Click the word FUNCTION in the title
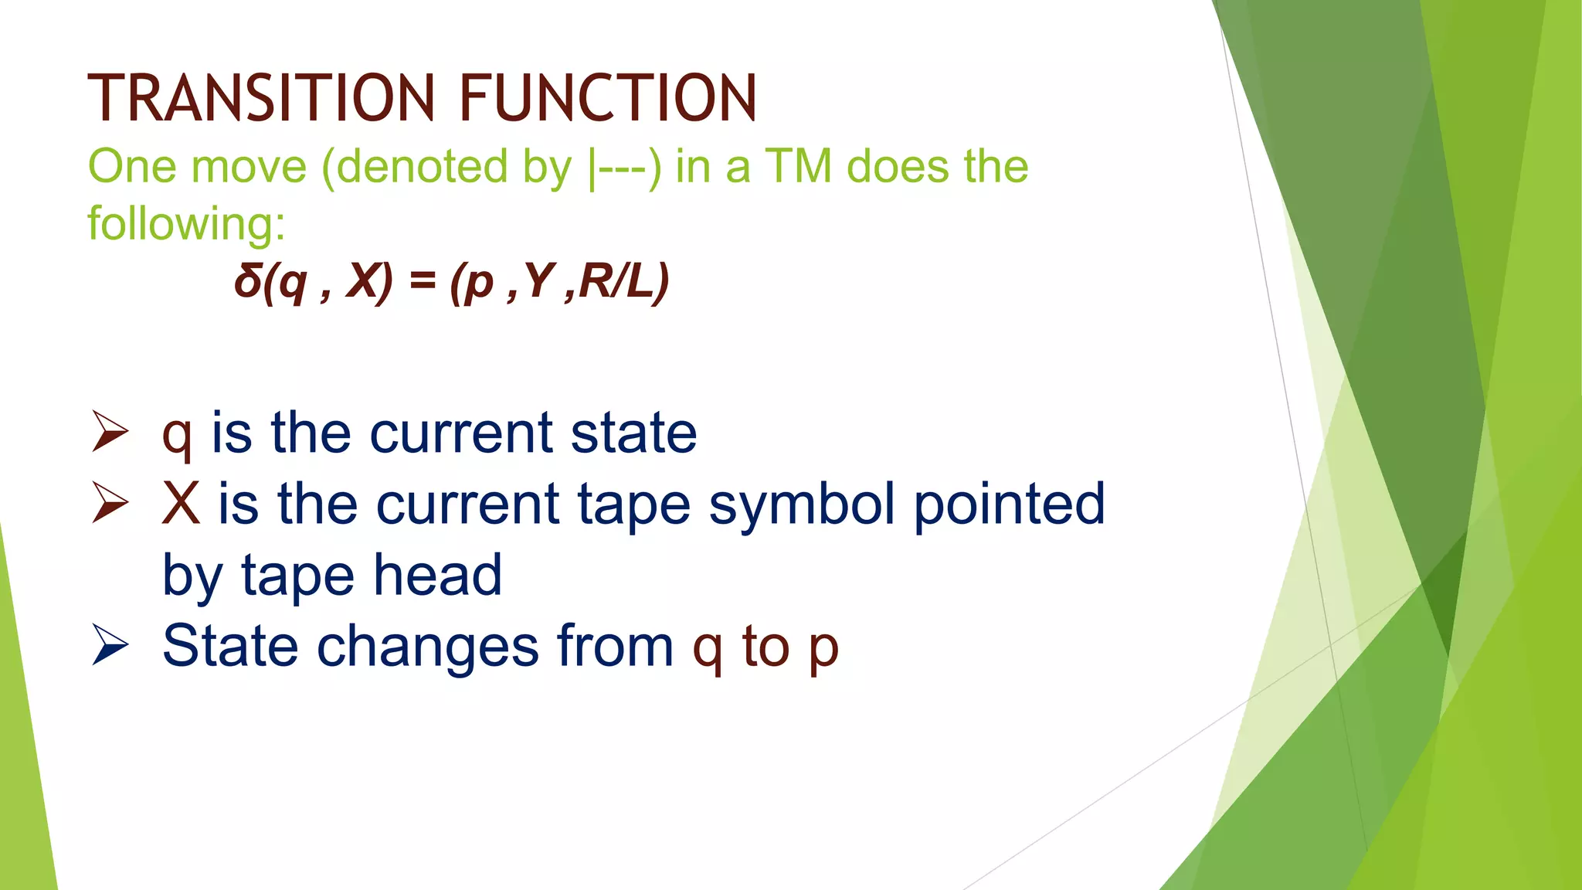pos(608,98)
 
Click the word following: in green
pos(186,224)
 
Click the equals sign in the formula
pos(423,281)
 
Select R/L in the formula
pos(623,281)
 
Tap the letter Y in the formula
pos(539,281)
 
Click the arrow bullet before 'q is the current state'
pos(110,432)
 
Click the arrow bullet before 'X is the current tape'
pos(110,503)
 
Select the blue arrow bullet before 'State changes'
pos(110,645)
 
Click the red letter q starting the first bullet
pos(176,437)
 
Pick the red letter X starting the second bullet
pos(181,504)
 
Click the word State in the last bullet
pos(229,645)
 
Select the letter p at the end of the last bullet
pos(823,651)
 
